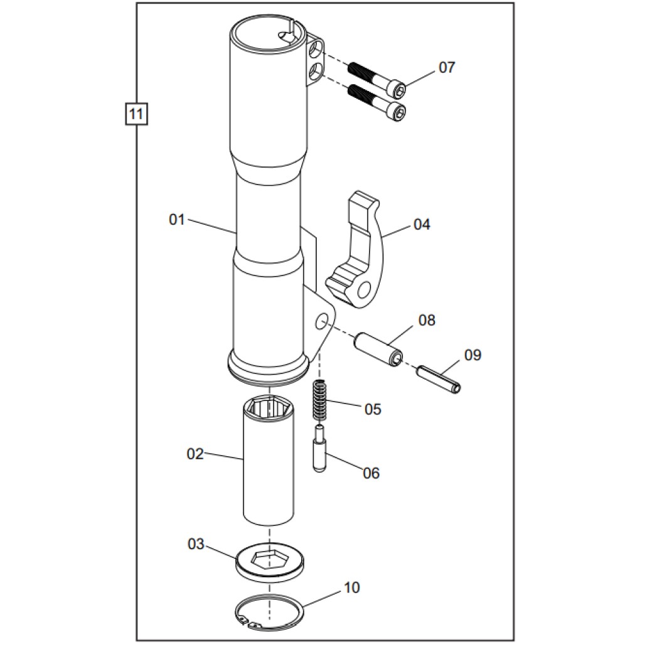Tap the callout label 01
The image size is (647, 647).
[177, 220]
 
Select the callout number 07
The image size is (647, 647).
[447, 67]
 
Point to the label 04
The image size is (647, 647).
[422, 224]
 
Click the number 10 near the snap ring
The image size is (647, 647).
[352, 588]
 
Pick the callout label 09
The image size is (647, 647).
[473, 355]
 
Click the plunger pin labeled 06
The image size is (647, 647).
[319, 449]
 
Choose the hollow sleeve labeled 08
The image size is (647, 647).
[378, 349]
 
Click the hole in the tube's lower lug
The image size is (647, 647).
[321, 323]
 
